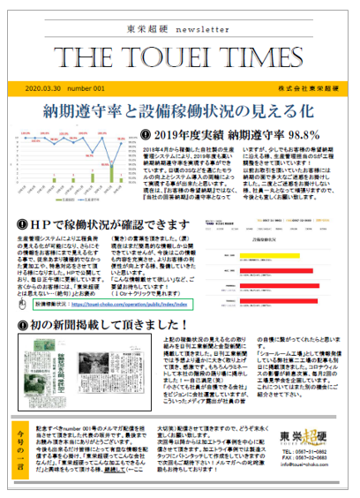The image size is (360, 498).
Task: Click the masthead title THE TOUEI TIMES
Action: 179,57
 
